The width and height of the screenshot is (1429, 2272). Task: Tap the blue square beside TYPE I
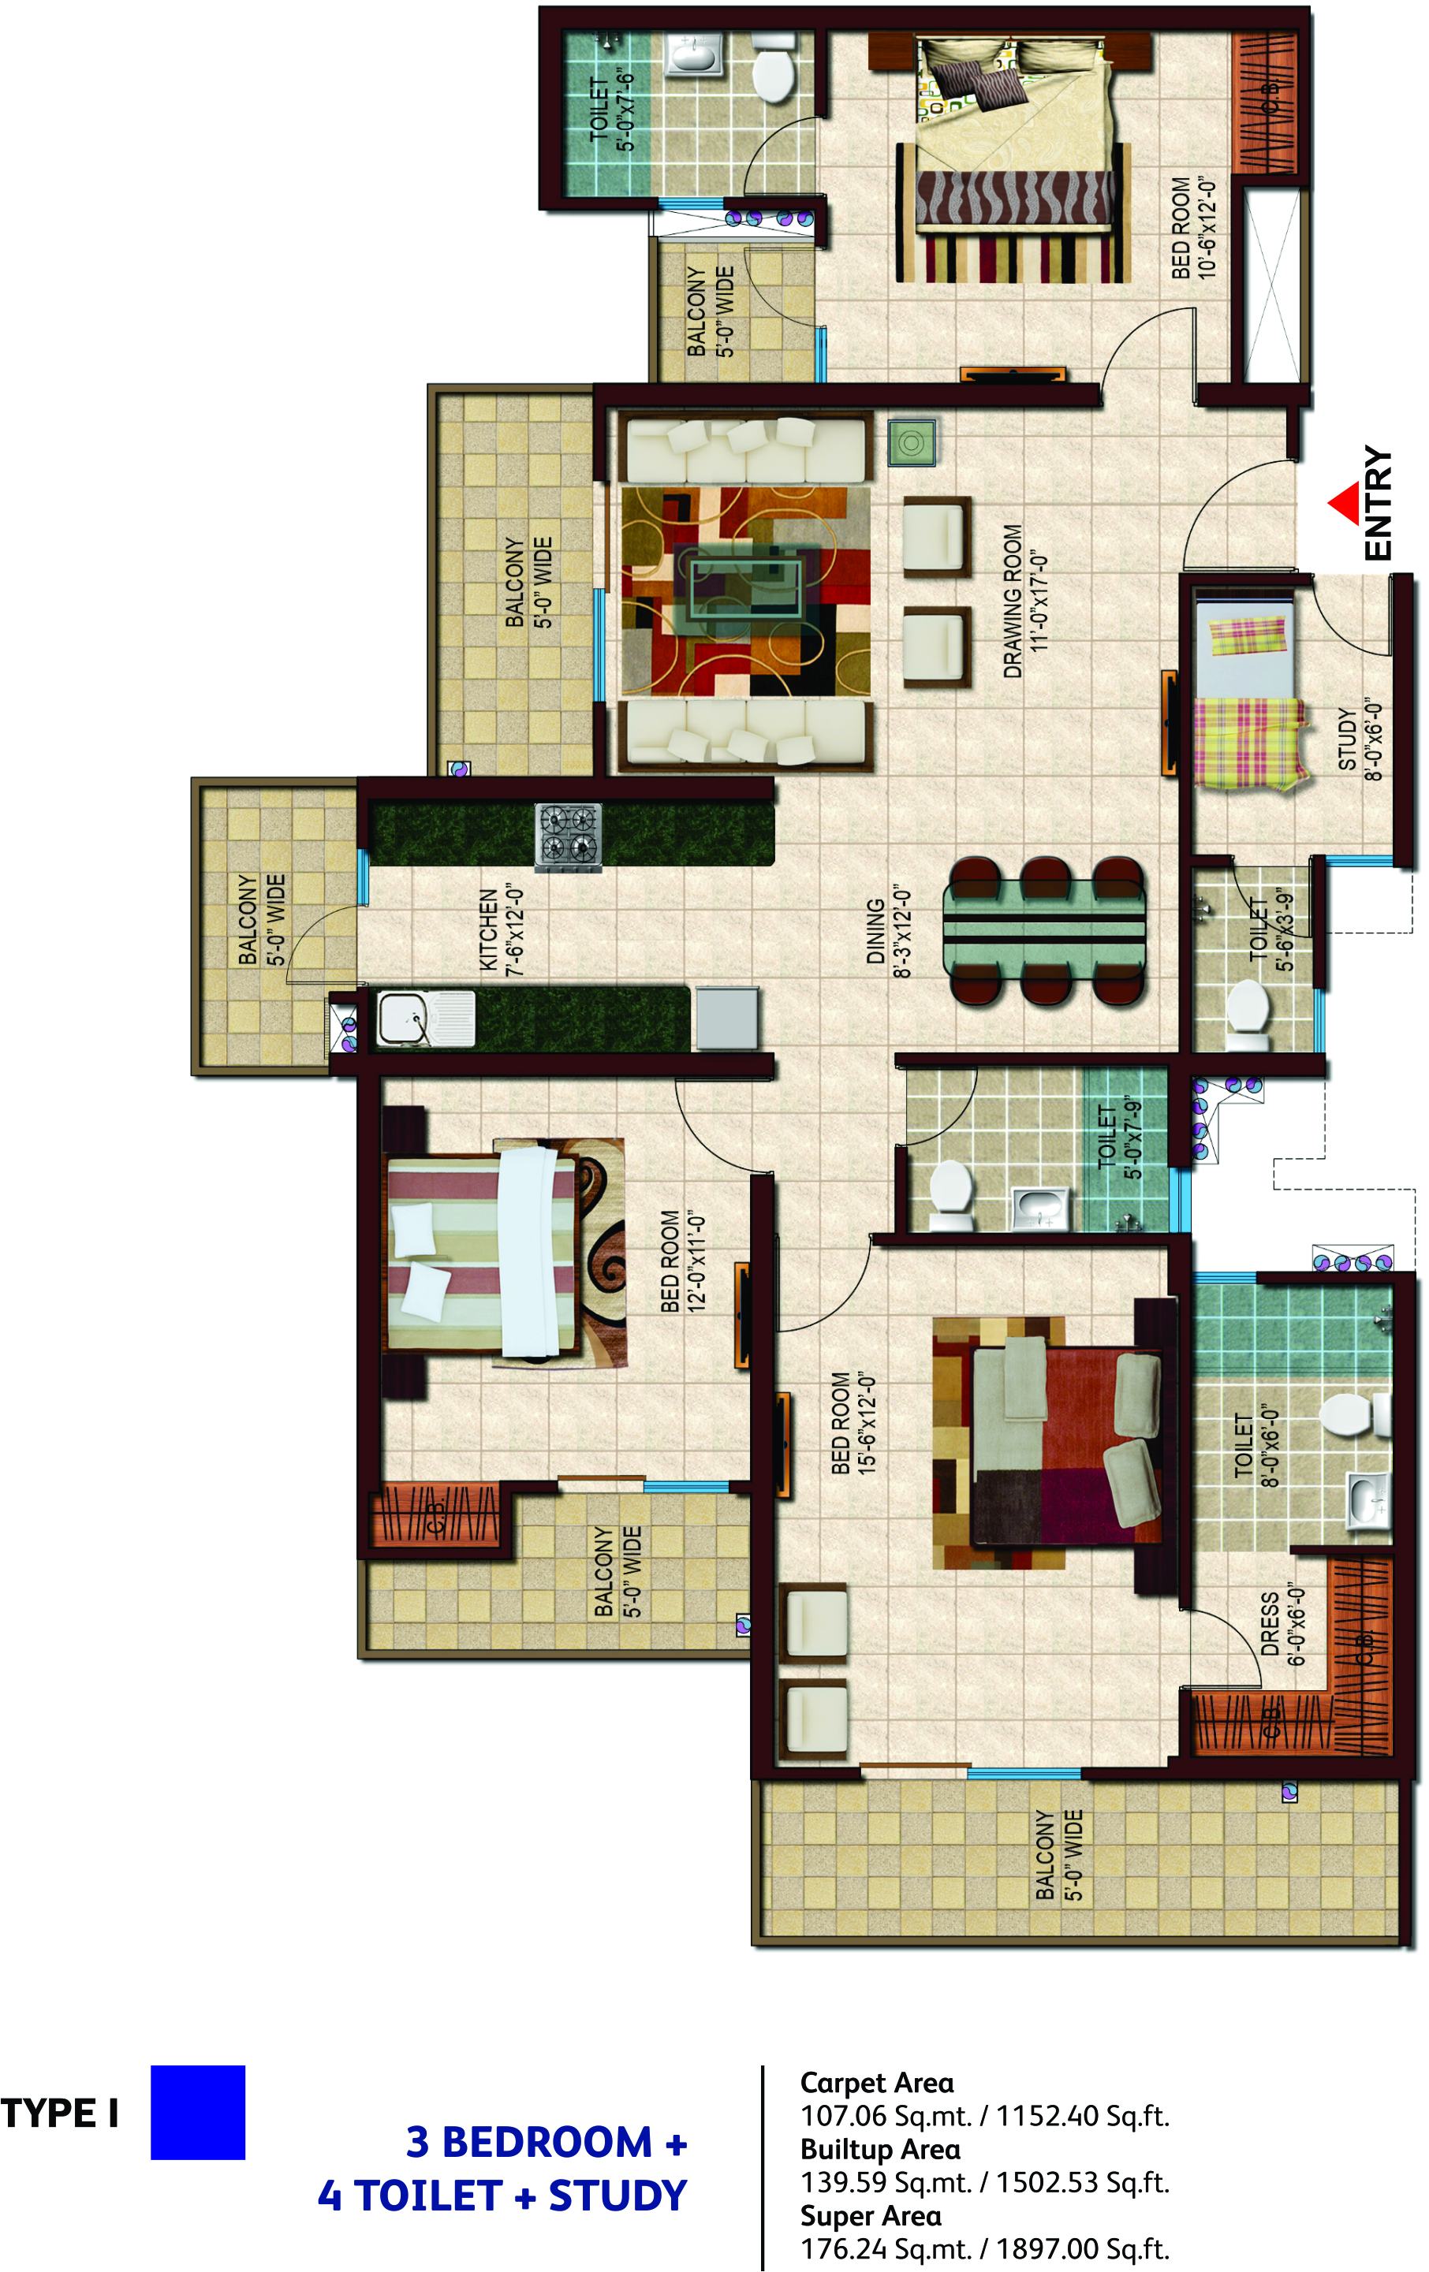click(x=197, y=2112)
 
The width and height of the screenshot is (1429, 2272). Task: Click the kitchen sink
click(x=425, y=1018)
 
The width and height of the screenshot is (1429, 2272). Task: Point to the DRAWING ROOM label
click(x=1025, y=600)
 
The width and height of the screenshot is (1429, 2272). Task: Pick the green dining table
click(x=1044, y=930)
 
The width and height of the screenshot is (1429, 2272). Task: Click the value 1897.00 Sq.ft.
click(x=1083, y=2248)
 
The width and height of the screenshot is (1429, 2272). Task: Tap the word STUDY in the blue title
click(x=617, y=2195)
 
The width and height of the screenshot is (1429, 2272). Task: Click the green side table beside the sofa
click(x=912, y=441)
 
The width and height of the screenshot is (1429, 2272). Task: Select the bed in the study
click(x=1248, y=691)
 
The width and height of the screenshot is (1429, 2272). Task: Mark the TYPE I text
click(x=59, y=2114)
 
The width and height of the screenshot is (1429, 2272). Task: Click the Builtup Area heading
click(x=879, y=2148)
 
